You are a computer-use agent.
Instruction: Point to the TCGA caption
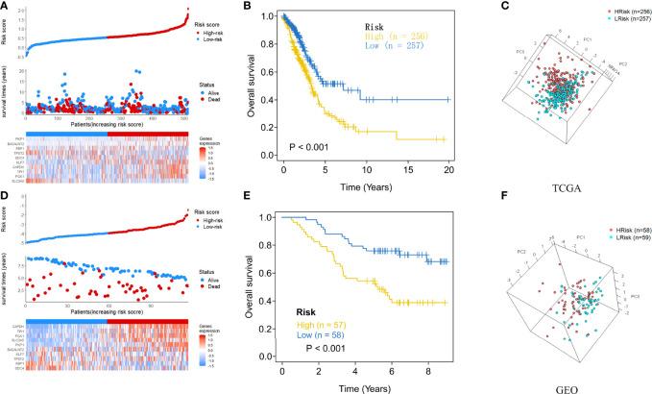tap(559, 180)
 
